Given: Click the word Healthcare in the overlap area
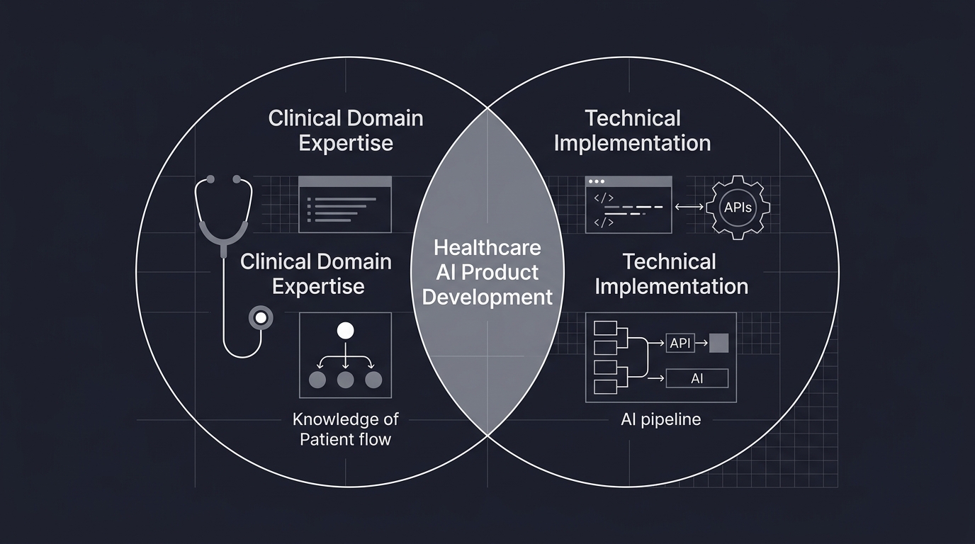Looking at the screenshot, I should (x=487, y=248).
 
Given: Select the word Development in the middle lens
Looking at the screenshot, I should (x=487, y=296).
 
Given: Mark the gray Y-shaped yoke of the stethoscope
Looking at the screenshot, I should (x=224, y=234).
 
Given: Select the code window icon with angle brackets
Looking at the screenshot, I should (x=629, y=205).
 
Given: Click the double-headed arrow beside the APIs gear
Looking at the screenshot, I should (x=689, y=207).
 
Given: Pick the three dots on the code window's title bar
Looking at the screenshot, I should (x=597, y=182).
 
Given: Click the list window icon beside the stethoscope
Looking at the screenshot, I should (x=345, y=205).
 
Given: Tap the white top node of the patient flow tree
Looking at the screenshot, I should (x=345, y=330).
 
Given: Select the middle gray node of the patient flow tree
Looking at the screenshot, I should (x=345, y=380).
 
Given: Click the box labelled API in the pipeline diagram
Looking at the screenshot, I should (x=680, y=344).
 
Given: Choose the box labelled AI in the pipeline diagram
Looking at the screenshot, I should (x=697, y=379).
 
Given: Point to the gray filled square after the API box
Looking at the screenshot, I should (x=718, y=344).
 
